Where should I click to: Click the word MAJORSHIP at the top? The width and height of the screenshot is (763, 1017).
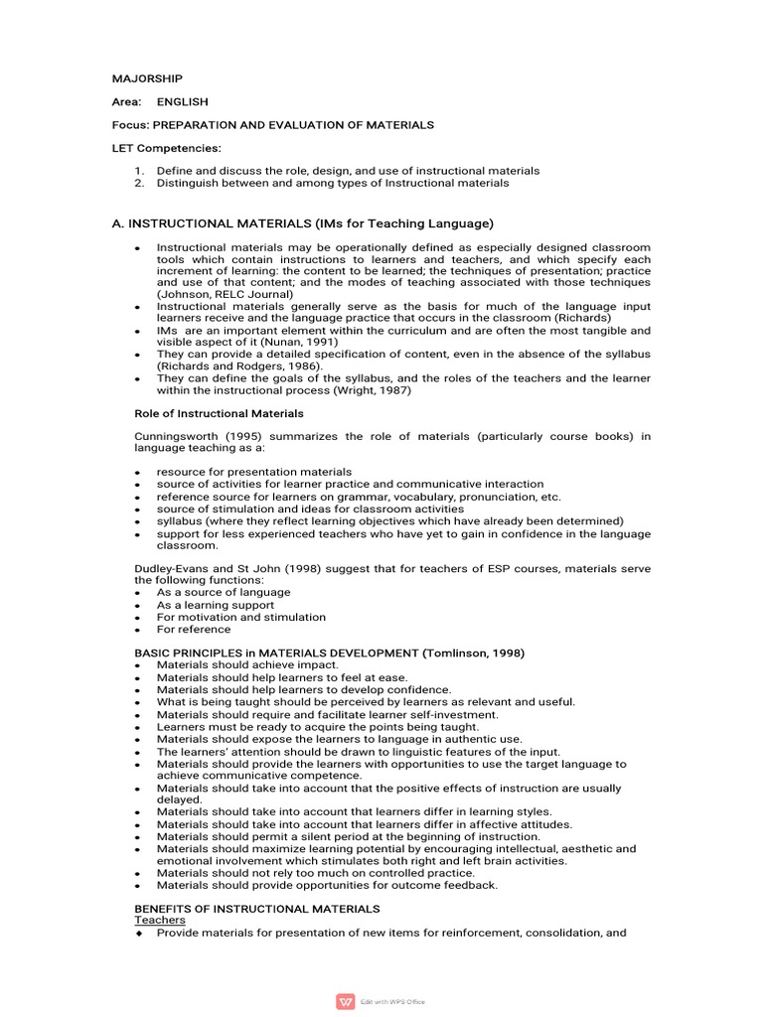point(146,78)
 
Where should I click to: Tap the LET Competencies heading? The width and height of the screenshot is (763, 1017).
point(166,148)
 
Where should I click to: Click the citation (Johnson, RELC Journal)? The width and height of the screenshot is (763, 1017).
point(225,294)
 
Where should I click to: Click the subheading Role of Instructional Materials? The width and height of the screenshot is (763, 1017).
point(219,413)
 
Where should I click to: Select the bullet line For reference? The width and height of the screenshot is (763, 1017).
point(193,629)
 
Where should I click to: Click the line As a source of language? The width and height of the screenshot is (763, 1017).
point(224,592)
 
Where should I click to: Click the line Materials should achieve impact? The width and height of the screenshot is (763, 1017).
point(247,664)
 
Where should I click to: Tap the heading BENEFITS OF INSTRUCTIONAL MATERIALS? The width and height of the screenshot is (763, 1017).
point(256,909)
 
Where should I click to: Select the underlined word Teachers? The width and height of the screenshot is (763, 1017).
point(160,921)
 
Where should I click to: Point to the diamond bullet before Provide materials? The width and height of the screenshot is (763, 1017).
point(139,934)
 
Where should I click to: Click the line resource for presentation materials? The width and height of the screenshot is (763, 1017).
point(254,472)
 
